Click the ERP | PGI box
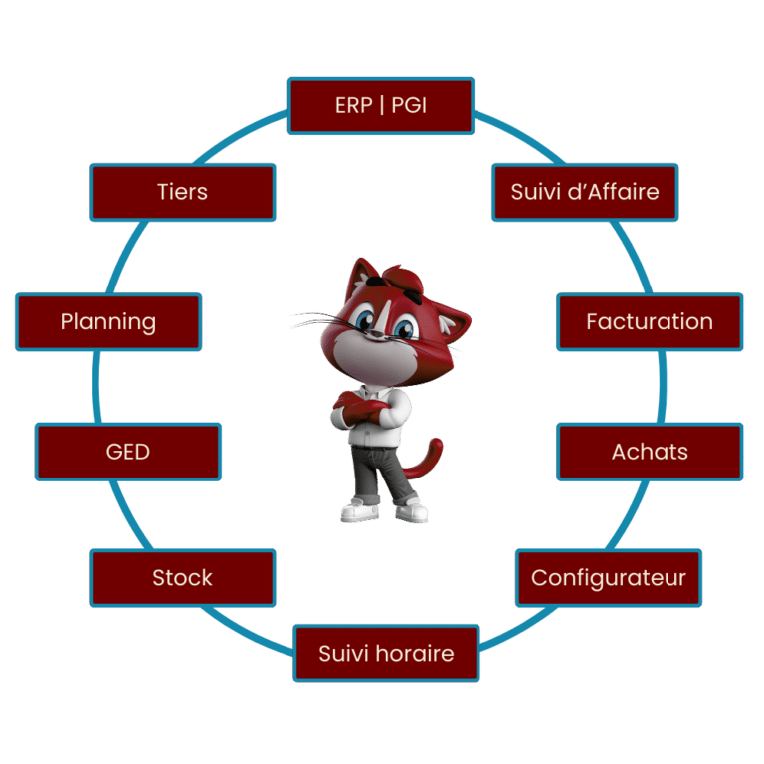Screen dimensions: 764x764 click(381, 105)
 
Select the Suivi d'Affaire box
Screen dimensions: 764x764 click(585, 192)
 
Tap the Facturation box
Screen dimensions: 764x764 click(650, 321)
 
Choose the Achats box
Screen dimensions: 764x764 click(650, 452)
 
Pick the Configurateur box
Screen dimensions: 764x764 click(609, 578)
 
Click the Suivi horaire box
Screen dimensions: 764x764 click(386, 654)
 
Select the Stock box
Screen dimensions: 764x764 click(182, 578)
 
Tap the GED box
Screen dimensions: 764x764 click(128, 452)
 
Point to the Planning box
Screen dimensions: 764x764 click(108, 321)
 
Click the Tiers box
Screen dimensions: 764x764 click(182, 192)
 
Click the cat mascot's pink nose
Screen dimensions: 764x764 click(384, 341)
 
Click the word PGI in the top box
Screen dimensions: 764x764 click(409, 105)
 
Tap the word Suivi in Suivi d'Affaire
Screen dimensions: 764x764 click(533, 192)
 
